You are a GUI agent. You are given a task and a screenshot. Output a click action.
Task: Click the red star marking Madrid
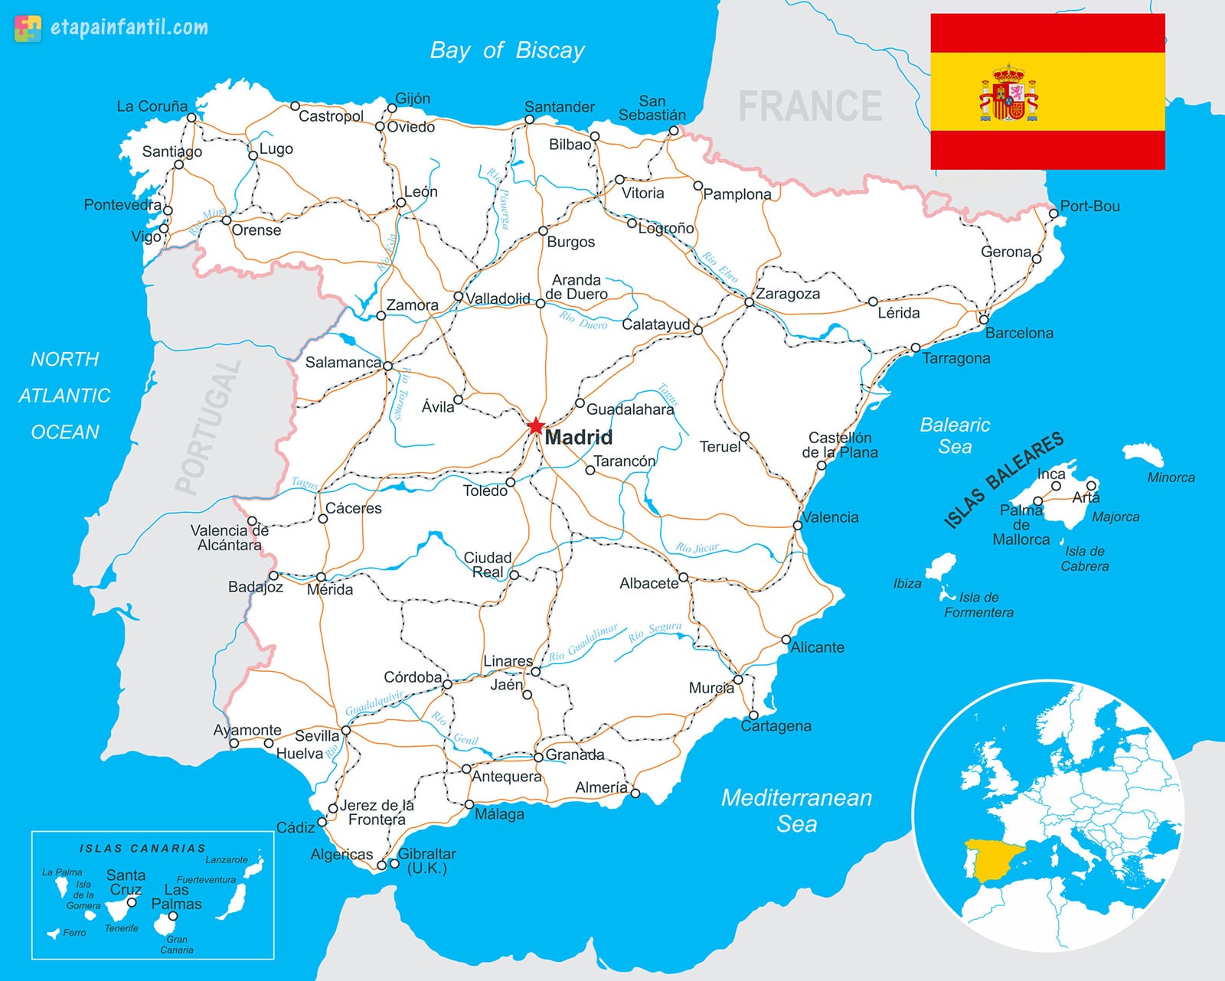535,426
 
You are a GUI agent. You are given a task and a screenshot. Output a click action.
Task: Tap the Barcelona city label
1018,333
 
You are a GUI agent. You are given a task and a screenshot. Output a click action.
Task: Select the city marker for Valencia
798,526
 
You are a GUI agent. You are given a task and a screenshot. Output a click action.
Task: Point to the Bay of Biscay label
507,51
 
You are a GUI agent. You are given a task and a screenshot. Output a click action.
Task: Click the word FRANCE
809,106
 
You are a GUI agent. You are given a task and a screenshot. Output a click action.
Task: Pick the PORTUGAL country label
207,428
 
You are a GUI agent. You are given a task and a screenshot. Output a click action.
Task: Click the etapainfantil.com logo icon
28,28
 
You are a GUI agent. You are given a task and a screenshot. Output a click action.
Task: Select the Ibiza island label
907,584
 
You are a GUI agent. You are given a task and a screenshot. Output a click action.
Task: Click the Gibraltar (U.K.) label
426,861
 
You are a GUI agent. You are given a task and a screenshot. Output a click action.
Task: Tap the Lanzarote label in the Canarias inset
226,860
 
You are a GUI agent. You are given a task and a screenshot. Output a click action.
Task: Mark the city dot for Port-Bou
1053,214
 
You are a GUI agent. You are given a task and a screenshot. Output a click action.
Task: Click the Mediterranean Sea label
796,810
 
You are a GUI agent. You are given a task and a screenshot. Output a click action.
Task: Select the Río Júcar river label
697,548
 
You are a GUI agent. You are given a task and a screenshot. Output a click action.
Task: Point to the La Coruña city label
152,106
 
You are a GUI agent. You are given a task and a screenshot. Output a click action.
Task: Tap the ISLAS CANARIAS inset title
142,849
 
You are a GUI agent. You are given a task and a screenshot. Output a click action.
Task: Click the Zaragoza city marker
749,303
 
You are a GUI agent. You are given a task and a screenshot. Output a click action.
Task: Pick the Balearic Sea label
955,435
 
